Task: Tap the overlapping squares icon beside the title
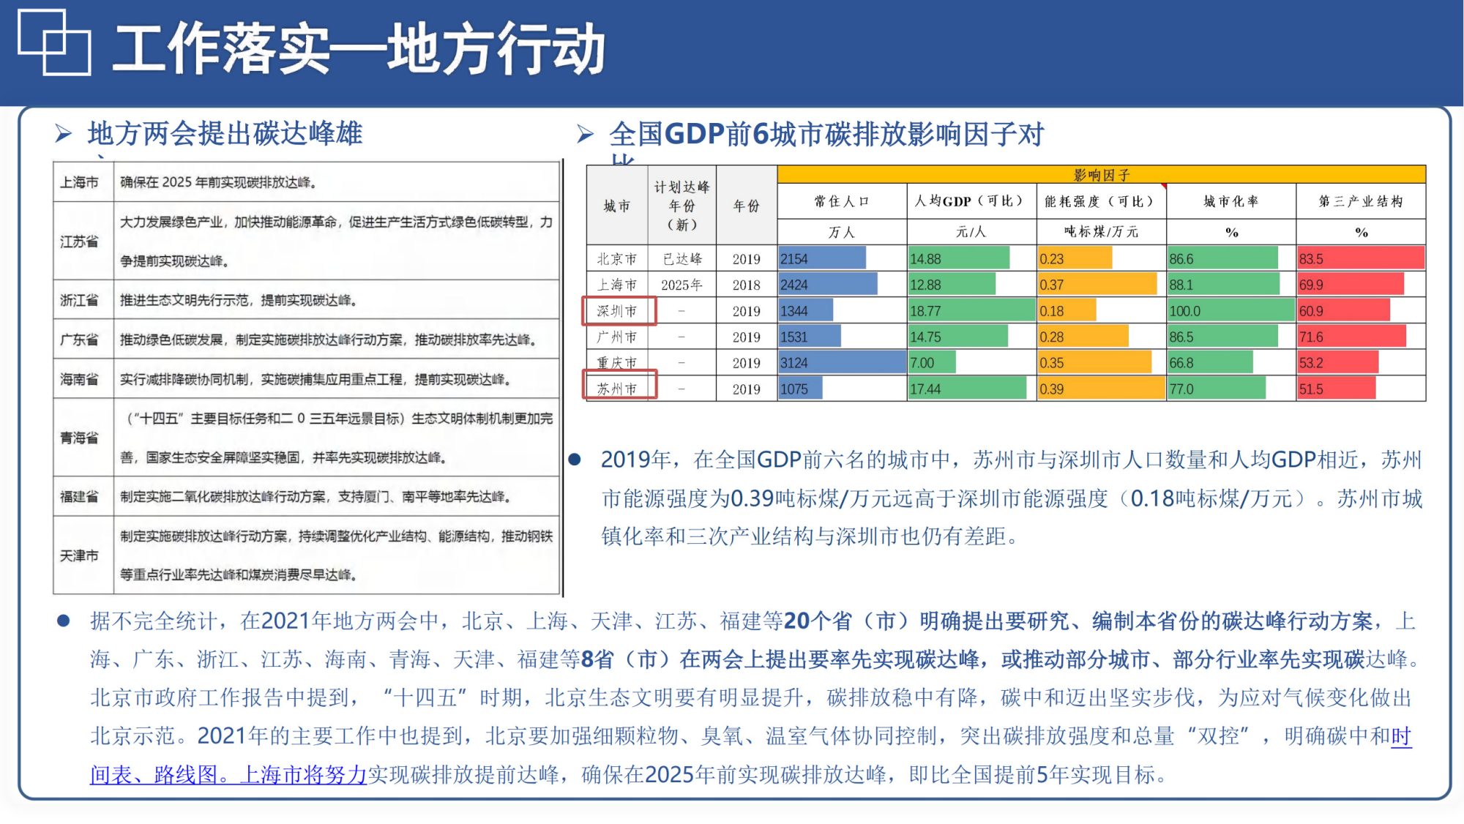54,42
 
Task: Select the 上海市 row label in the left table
79,182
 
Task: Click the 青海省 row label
79,438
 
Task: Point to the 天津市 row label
79,555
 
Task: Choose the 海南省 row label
79,379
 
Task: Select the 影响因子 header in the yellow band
1101,175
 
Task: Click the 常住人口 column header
841,201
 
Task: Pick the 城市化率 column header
1230,201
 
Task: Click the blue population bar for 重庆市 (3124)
842,362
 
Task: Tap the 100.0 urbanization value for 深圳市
1185,311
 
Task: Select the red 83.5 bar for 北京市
1360,258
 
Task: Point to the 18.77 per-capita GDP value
926,311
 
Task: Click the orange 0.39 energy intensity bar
1100,389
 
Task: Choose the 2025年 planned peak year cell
681,285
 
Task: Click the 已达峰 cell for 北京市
681,258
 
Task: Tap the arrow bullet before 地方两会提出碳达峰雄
64,133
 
